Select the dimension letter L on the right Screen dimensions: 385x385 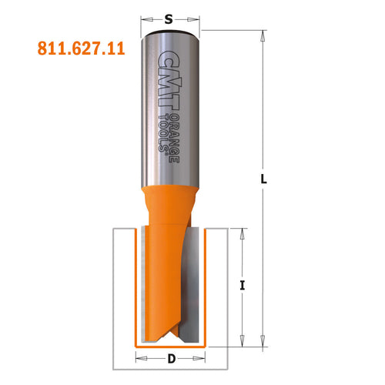(x=264, y=179)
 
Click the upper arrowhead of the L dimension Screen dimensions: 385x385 (x=264, y=34)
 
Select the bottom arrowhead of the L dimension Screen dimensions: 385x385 (x=264, y=336)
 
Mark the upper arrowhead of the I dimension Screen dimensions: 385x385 (x=243, y=233)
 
